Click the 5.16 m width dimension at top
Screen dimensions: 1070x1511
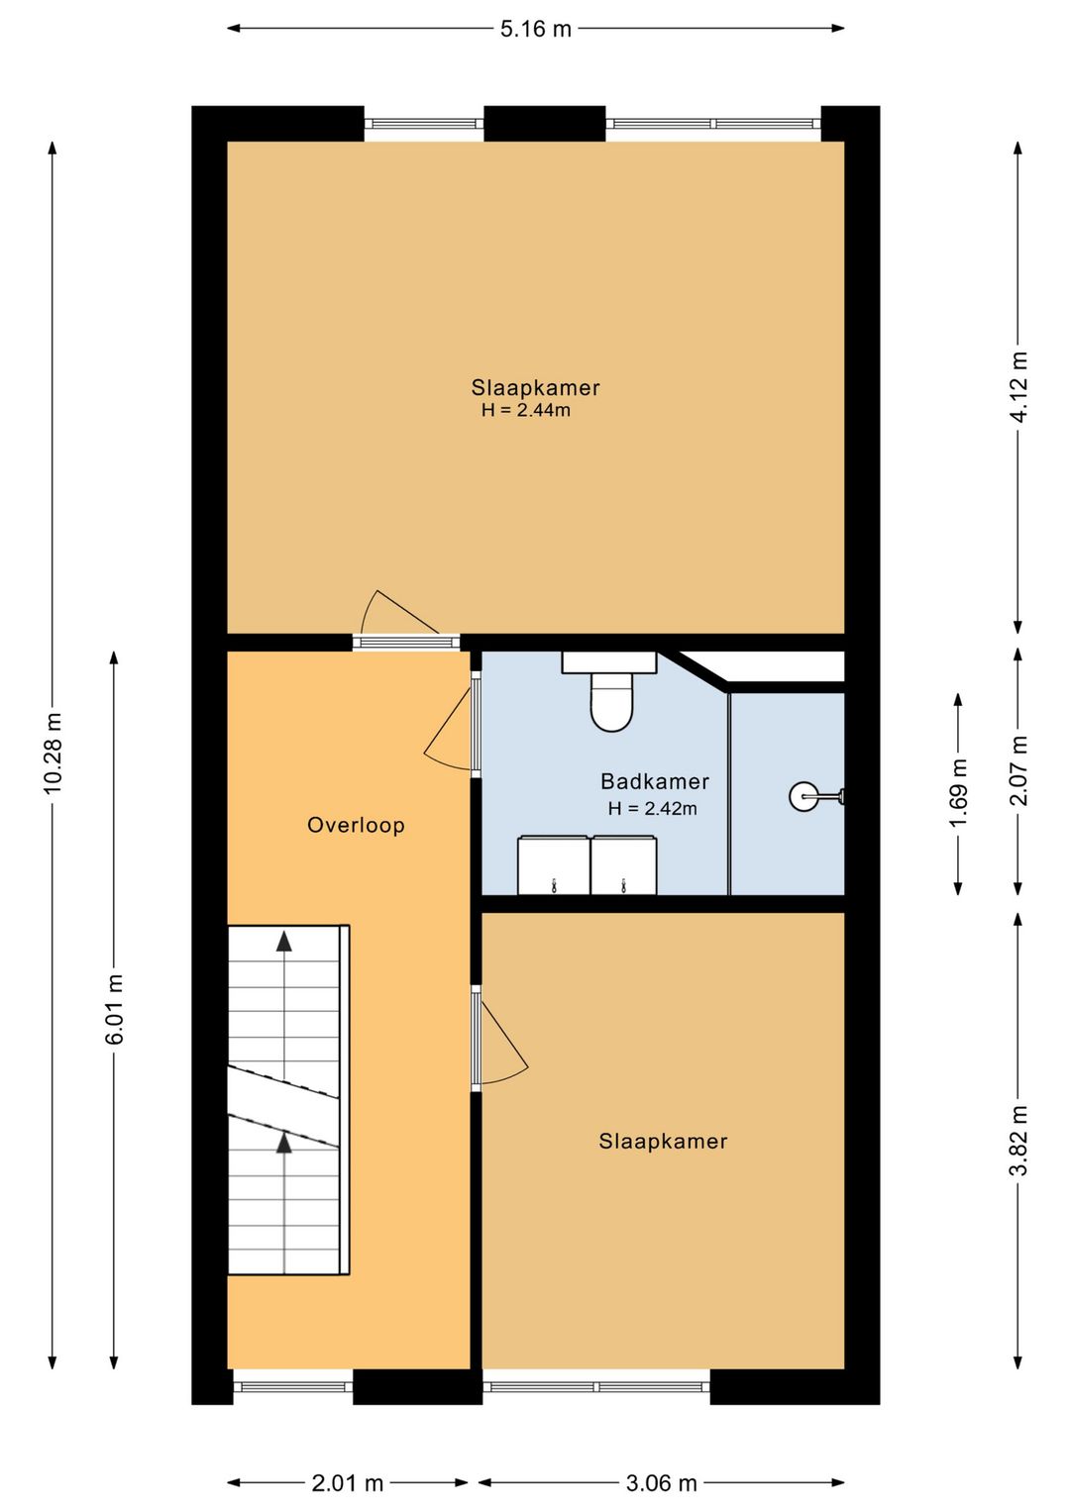[x=535, y=29]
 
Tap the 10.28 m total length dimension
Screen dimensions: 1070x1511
[x=53, y=753]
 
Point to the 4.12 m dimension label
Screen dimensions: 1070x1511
[x=1018, y=387]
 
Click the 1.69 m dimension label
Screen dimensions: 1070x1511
[x=958, y=792]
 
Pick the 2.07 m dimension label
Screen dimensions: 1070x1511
[x=1018, y=770]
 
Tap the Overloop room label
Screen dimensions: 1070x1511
[x=356, y=824]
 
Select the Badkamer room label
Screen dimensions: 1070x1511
[x=655, y=781]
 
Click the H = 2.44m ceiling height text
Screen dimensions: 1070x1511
[x=526, y=410]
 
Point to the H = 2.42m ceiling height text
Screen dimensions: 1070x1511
[x=652, y=807]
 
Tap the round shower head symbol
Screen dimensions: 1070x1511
[x=804, y=796]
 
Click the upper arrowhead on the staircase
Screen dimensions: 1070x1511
[x=284, y=941]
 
